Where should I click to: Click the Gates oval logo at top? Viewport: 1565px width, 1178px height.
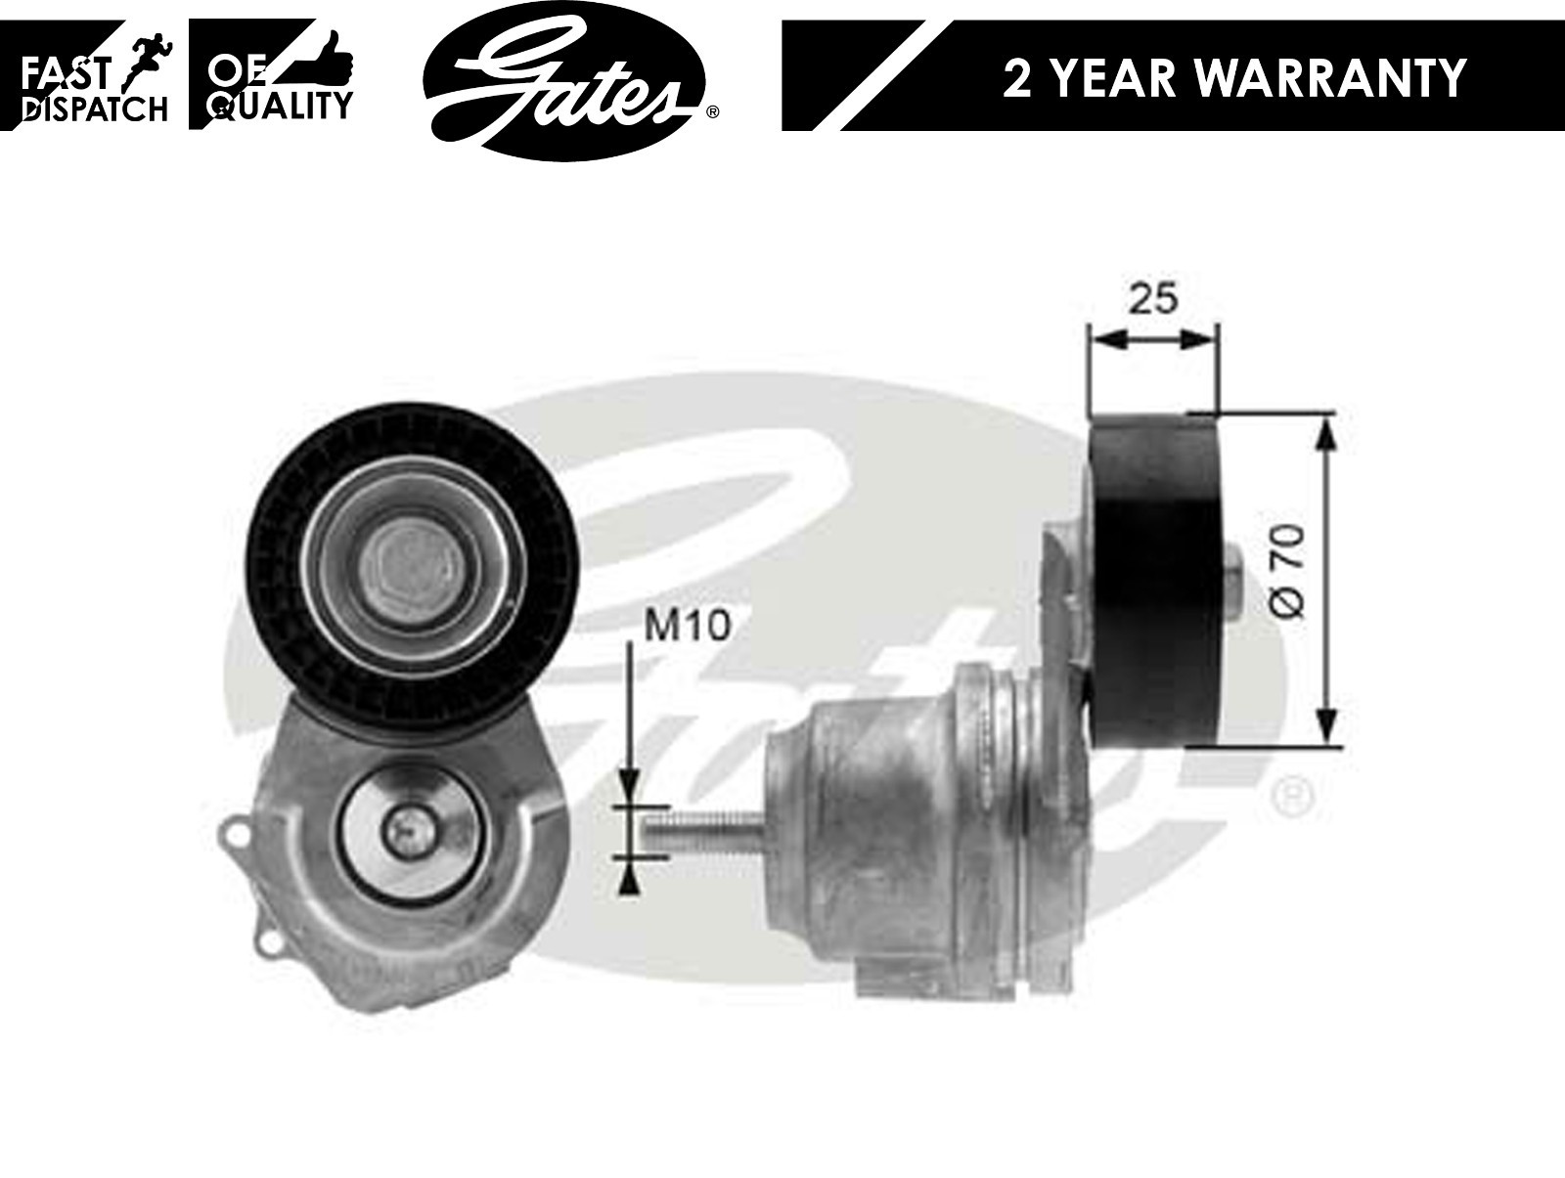564,77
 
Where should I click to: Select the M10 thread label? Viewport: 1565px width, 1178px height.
687,626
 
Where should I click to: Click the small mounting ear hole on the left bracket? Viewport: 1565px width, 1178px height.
234,834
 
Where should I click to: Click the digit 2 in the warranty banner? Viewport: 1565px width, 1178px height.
1017,77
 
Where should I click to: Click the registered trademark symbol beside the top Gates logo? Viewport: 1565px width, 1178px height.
712,113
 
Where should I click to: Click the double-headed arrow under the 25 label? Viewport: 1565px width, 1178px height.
1153,339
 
